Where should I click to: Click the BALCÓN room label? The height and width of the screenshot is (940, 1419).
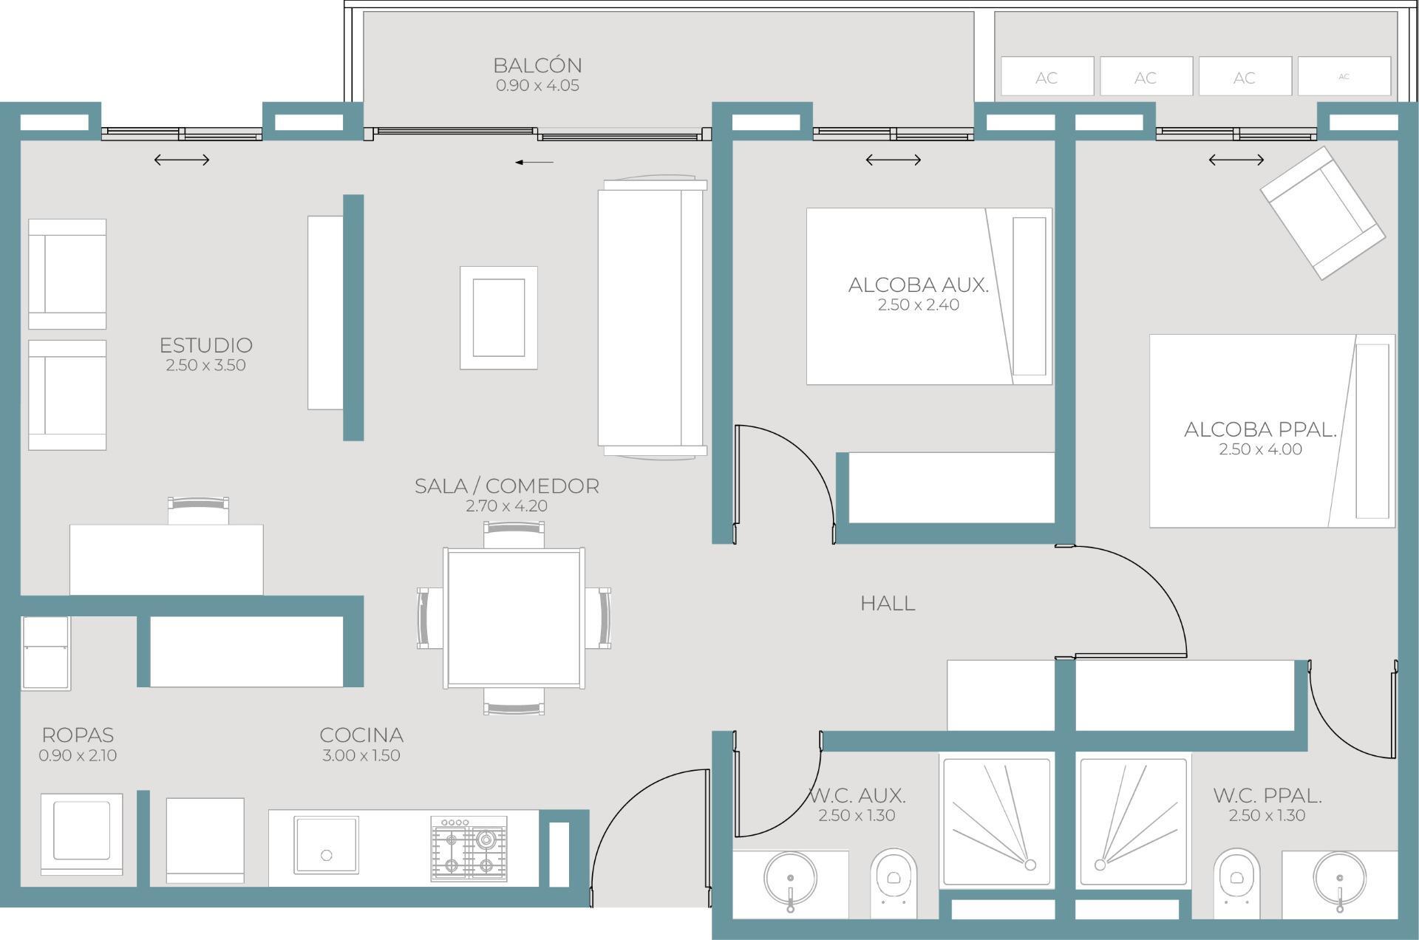537,65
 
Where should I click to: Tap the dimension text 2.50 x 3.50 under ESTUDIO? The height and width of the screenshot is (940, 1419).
205,365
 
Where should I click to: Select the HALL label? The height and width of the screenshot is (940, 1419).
888,603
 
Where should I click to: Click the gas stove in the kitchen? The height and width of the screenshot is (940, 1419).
469,848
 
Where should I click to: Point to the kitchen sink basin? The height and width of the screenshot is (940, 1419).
326,845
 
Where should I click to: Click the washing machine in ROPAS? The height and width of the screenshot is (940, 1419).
81,834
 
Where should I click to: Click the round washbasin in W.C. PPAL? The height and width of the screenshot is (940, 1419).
1339,879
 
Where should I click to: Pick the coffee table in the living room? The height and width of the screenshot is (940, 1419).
499,318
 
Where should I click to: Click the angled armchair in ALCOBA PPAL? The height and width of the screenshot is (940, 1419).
1322,213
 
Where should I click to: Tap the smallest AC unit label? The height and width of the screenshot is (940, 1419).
1344,76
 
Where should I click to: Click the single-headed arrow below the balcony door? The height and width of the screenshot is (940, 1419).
534,162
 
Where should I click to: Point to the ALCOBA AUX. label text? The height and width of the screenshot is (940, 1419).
918,285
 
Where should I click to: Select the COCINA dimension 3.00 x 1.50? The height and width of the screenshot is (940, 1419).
361,755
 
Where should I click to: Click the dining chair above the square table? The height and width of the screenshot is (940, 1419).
514,534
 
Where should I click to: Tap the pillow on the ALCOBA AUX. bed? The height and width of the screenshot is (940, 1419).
1030,296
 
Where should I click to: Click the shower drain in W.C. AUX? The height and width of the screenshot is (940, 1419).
1030,865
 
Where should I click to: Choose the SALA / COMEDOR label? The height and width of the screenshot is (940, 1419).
506,486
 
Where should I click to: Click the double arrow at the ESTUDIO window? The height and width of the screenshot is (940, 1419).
182,160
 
